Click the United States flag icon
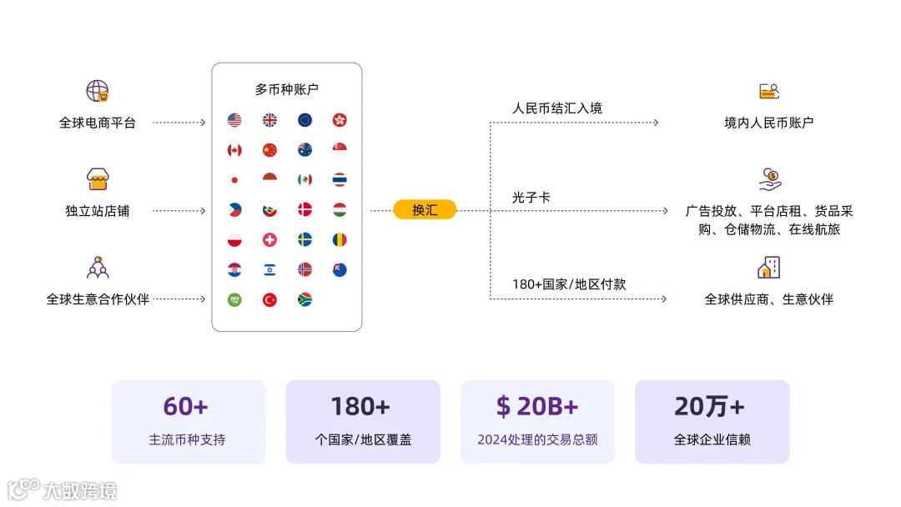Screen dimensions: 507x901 234,120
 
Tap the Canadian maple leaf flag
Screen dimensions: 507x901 234,150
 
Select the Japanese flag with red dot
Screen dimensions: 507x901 234,180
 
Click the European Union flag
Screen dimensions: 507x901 305,120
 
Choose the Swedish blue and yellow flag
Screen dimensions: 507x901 305,240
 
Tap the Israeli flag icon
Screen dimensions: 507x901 269,270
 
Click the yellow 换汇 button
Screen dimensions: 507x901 425,210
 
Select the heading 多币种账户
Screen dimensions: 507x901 286,89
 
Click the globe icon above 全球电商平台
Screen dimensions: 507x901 98,91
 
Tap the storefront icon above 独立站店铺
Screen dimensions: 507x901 98,179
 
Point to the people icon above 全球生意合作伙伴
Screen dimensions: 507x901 98,268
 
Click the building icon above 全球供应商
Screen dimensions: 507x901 768,268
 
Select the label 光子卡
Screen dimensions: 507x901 531,198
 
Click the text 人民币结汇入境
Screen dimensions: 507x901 556,108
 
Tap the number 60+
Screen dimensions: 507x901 185,406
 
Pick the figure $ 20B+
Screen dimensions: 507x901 536,406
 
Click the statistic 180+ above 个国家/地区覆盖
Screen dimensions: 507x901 360,406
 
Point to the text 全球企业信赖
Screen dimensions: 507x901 712,439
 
